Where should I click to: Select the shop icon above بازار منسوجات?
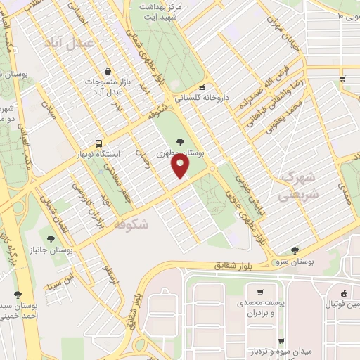click(x=108, y=70)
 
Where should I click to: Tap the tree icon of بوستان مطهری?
click(x=181, y=141)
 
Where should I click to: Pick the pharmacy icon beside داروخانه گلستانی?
click(x=203, y=87)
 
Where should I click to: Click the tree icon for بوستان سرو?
click(x=295, y=250)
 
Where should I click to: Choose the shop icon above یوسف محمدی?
click(x=260, y=292)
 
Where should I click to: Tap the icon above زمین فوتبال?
click(x=343, y=293)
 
